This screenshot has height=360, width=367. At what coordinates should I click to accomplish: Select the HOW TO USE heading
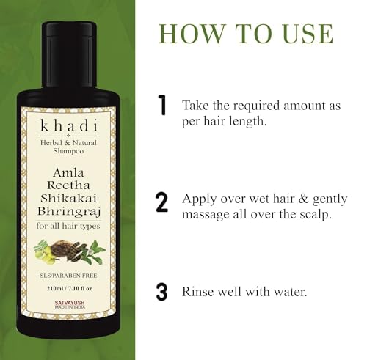click(x=245, y=34)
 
